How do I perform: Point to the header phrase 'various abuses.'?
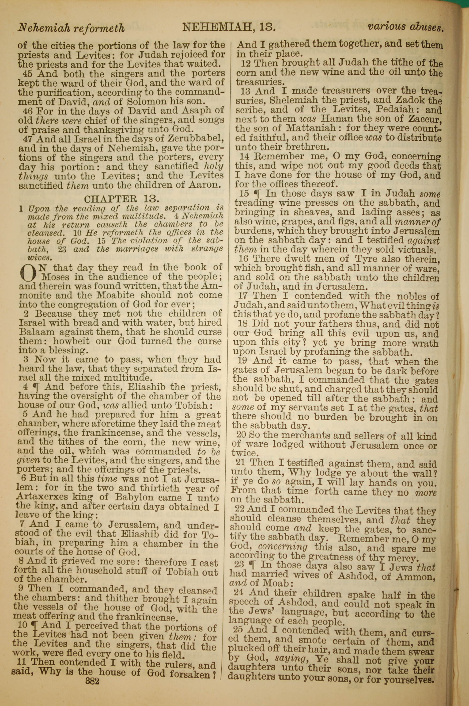[x=405, y=27]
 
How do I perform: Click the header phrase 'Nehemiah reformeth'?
[x=71, y=28]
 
